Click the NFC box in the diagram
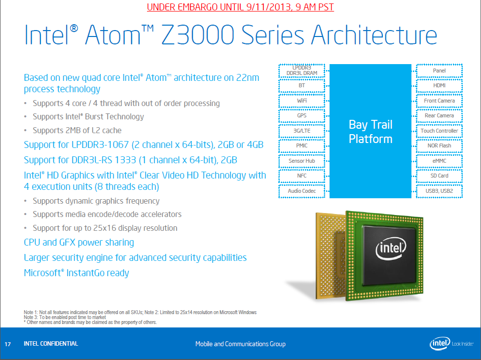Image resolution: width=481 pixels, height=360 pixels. [301, 176]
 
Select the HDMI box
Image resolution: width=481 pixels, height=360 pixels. [439, 85]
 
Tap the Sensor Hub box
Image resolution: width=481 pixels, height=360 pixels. [301, 161]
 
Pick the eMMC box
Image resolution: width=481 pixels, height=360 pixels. [439, 161]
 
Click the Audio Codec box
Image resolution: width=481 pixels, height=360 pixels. [301, 191]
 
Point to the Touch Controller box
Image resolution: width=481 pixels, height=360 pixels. [439, 131]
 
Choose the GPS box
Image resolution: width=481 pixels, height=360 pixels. [301, 115]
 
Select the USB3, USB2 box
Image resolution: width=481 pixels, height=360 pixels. [439, 191]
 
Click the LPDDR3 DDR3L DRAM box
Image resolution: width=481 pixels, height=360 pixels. [301, 71]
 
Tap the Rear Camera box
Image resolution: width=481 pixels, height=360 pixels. [439, 115]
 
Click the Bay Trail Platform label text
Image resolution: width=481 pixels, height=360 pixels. [370, 132]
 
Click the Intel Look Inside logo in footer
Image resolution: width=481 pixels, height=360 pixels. [451, 344]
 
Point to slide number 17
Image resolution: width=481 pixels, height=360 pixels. [8, 344]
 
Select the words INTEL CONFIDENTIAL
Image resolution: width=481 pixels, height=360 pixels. [51, 344]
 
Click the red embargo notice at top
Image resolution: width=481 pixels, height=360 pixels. [240, 7]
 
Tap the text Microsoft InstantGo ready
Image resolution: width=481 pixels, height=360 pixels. [76, 273]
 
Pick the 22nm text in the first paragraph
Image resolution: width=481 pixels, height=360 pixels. [248, 77]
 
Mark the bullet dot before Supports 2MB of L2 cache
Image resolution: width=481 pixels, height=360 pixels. [26, 130]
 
